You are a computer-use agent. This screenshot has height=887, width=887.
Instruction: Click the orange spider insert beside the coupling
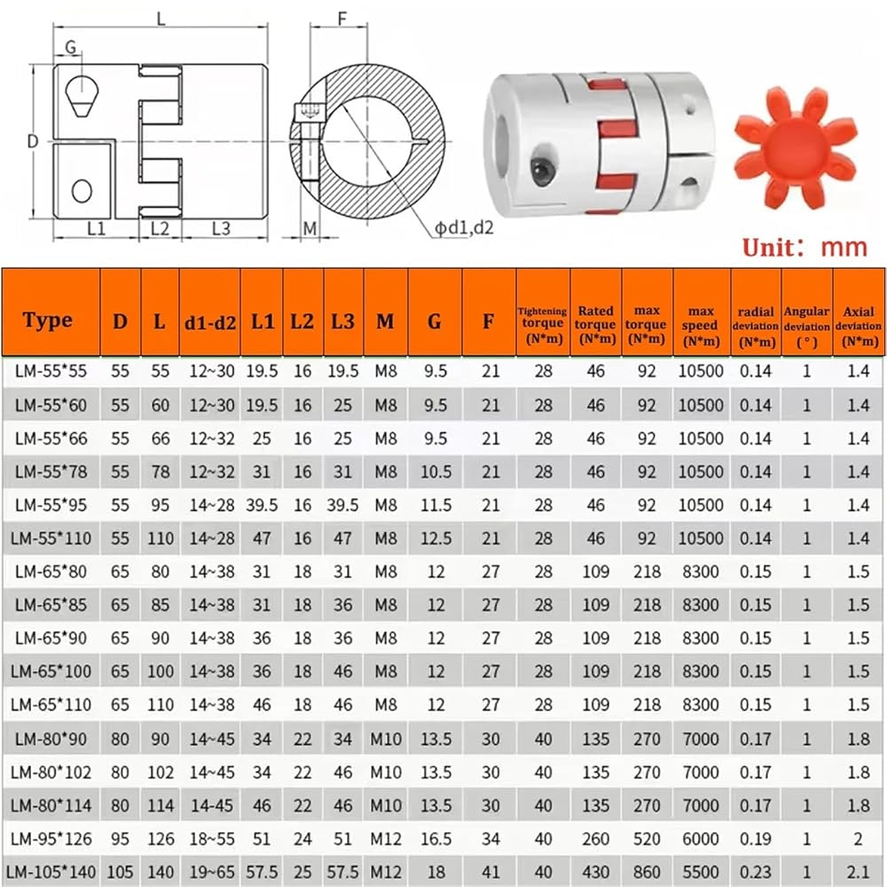796,147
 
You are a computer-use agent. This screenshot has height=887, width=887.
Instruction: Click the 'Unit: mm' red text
805,247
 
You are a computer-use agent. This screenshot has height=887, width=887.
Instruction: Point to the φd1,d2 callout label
464,227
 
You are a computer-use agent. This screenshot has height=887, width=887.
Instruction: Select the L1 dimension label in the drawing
96,229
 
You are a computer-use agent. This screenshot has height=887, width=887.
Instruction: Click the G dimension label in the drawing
71,47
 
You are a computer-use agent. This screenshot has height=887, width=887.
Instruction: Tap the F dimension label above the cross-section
342,20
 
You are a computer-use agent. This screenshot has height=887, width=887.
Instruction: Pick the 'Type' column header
48,320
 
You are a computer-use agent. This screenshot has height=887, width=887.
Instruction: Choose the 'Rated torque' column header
595,325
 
